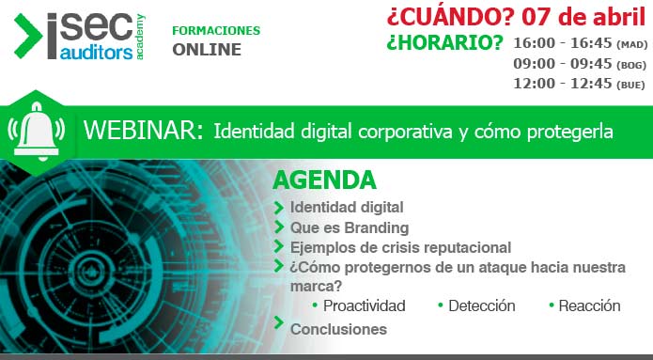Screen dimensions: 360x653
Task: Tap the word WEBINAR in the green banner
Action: coord(142,132)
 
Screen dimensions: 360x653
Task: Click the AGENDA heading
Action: coord(324,180)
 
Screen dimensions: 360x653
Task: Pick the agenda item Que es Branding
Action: coord(349,227)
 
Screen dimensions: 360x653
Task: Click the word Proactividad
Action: coord(364,305)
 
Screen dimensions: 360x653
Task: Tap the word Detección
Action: coord(481,305)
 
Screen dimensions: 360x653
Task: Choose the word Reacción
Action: coord(589,305)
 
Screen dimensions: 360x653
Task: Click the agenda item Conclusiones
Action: coord(338,329)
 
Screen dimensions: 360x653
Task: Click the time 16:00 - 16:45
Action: coord(561,42)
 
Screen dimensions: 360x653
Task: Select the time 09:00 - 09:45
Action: coord(561,63)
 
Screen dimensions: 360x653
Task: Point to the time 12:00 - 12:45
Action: coord(561,83)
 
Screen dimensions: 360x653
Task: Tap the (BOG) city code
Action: coord(630,64)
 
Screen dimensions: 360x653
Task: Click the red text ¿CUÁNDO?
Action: coord(443,18)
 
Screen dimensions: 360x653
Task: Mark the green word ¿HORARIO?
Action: coord(444,43)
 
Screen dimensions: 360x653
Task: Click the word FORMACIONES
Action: coord(216,30)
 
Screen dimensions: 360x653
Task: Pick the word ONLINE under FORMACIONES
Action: coord(207,50)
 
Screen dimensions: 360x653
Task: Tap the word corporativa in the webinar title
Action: coord(405,132)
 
